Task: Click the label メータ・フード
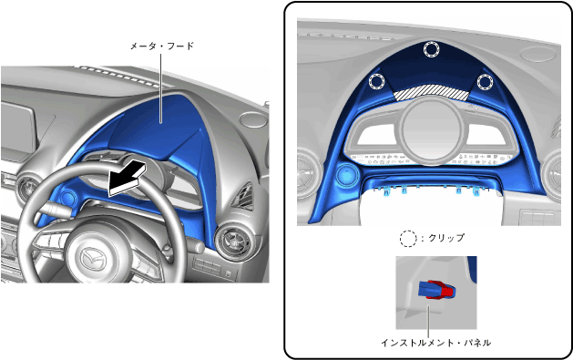162,46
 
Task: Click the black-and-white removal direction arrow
127,179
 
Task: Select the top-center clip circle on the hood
431,49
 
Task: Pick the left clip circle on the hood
377,81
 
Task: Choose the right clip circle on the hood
486,81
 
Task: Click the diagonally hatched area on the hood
431,93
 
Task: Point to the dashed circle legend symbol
408,239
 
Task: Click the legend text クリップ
446,238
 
